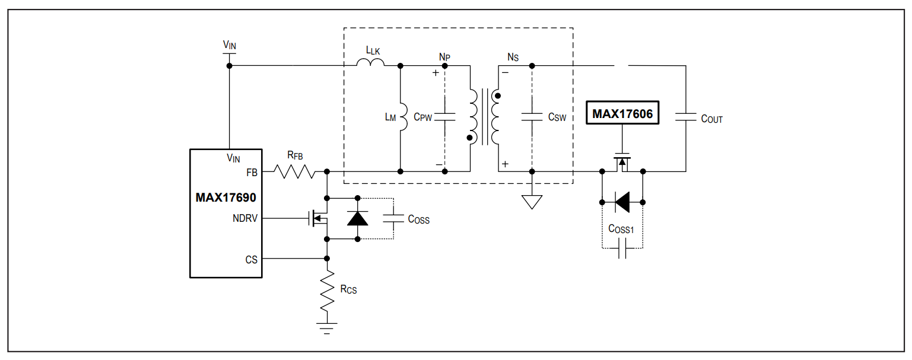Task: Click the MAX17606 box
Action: click(622, 113)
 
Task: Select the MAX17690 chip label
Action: click(225, 197)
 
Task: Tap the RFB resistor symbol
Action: click(294, 171)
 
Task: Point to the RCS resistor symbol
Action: click(327, 291)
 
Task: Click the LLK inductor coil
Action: click(370, 62)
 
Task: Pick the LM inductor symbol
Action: click(403, 117)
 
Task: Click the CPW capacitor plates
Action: click(444, 117)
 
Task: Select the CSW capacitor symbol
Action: click(532, 117)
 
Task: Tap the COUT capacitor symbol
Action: click(685, 117)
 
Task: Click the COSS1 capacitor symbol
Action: click(622, 249)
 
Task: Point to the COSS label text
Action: click(418, 219)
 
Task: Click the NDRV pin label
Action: click(245, 218)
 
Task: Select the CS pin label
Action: click(251, 260)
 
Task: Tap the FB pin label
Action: click(252, 173)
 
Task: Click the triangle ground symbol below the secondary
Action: click(532, 202)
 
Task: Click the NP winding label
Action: click(444, 57)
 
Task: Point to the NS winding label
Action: click(513, 58)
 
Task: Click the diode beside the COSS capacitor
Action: click(357, 218)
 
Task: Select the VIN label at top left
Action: click(230, 44)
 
